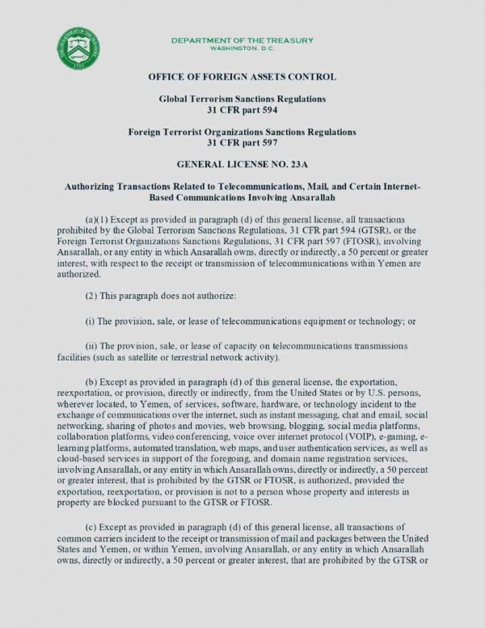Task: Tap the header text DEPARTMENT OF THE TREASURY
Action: (x=242, y=40)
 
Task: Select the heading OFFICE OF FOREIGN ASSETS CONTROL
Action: (x=242, y=77)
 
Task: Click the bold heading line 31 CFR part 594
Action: (x=242, y=109)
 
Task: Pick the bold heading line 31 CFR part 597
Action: (x=242, y=141)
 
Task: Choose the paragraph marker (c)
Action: (x=91, y=525)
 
